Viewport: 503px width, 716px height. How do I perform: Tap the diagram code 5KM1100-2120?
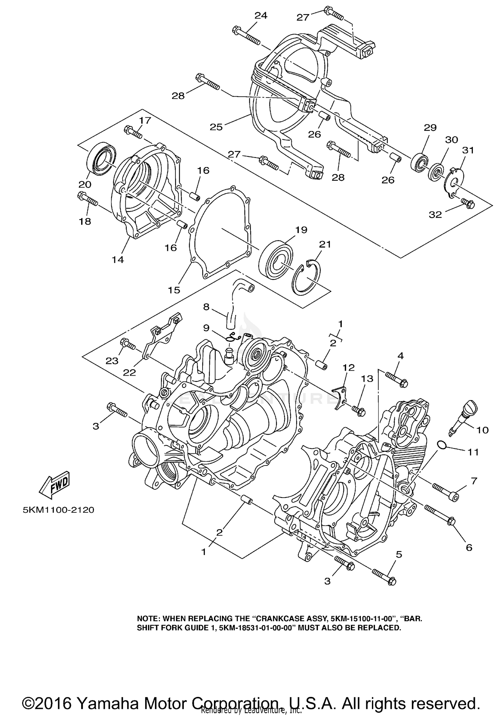pos(58,510)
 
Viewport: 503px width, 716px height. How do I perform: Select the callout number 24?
pos(261,15)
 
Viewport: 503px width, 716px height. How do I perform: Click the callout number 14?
pos(118,259)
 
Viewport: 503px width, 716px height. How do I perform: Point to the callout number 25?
pos(216,127)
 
